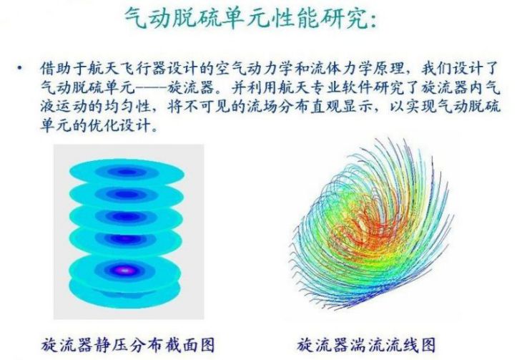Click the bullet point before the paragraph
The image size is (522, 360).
click(x=20, y=69)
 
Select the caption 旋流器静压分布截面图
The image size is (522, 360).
click(x=129, y=344)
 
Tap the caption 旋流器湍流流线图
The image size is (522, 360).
click(x=367, y=344)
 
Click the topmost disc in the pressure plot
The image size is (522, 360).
click(x=127, y=172)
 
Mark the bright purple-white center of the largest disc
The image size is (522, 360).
click(x=125, y=271)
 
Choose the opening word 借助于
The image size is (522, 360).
click(x=64, y=69)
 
